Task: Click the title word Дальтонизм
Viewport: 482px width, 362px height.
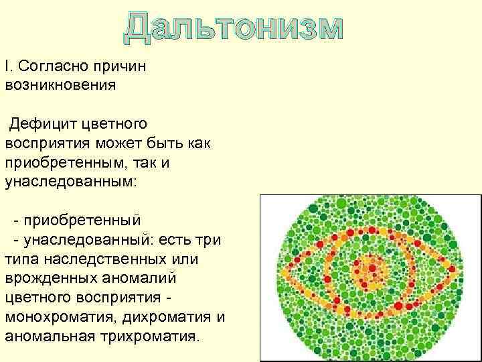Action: click(233, 27)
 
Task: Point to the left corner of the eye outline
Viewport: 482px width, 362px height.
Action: click(283, 273)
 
